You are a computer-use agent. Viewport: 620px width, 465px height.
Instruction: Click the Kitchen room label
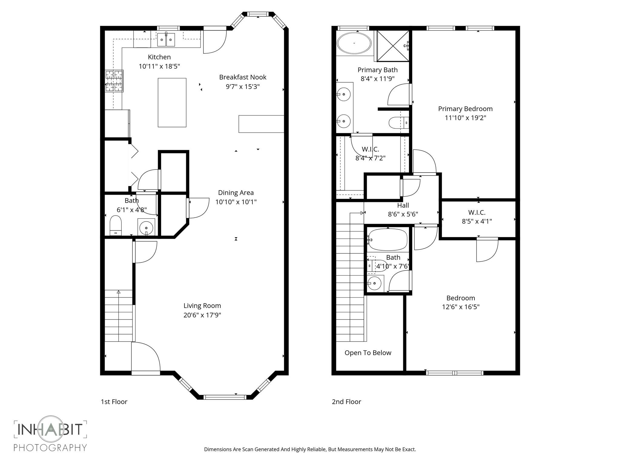pyautogui.click(x=159, y=57)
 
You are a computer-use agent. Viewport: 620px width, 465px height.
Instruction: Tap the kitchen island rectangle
pyautogui.click(x=172, y=102)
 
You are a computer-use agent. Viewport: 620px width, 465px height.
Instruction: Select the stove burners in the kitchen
pyautogui.click(x=114, y=81)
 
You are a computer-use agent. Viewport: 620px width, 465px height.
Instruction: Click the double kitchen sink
pyautogui.click(x=166, y=40)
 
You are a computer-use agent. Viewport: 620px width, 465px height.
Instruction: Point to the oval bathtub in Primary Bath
pyautogui.click(x=354, y=43)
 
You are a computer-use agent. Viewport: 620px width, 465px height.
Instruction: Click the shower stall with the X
pyautogui.click(x=393, y=46)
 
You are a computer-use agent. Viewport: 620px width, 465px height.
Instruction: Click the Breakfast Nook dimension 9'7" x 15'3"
pyautogui.click(x=242, y=87)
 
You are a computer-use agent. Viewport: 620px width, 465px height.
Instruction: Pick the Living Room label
pyautogui.click(x=202, y=305)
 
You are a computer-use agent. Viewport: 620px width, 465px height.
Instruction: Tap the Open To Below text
pyautogui.click(x=368, y=353)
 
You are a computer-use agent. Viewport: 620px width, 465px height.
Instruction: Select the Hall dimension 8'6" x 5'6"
pyautogui.click(x=403, y=214)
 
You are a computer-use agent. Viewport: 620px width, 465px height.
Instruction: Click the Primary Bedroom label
pyautogui.click(x=465, y=109)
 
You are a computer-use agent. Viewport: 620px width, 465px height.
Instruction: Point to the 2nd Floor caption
pyautogui.click(x=346, y=402)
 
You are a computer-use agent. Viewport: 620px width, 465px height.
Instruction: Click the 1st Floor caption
pyautogui.click(x=114, y=402)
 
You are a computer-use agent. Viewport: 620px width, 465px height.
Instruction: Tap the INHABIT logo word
pyautogui.click(x=50, y=429)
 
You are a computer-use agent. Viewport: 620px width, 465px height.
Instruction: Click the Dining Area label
pyautogui.click(x=236, y=193)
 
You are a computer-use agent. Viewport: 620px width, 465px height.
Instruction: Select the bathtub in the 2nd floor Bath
pyautogui.click(x=388, y=239)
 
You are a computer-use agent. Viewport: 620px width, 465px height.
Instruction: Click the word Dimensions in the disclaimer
pyautogui.click(x=217, y=450)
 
